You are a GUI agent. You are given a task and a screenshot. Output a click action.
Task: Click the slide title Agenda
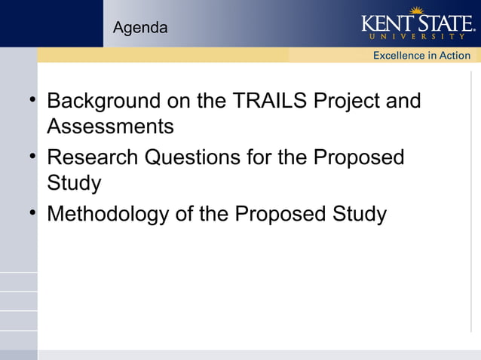click(x=140, y=29)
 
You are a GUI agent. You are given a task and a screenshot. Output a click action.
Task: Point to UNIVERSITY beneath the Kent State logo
click(x=416, y=36)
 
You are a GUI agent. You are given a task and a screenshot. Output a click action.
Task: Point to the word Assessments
click(x=110, y=127)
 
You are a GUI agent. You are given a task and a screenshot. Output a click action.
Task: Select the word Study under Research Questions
click(x=74, y=184)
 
